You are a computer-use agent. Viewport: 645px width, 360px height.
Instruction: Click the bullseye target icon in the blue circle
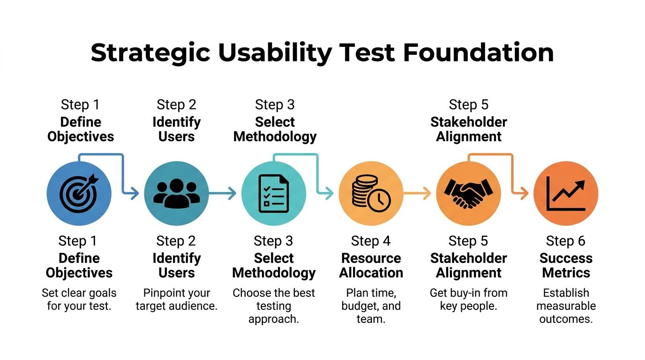tap(79, 193)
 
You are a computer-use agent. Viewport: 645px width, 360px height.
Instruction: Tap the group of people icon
tap(176, 193)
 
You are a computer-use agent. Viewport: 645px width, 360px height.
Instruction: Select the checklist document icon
tap(274, 193)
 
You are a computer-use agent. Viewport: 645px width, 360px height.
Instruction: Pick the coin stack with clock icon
tap(371, 193)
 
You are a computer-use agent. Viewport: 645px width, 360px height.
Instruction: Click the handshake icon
tap(468, 193)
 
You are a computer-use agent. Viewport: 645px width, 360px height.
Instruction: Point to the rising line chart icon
tap(566, 193)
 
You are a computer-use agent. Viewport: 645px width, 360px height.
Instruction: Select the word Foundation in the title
tap(478, 52)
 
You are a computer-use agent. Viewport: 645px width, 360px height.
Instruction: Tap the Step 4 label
tap(371, 241)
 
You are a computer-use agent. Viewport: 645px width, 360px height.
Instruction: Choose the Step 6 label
tap(566, 241)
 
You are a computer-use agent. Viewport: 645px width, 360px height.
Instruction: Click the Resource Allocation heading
tap(371, 265)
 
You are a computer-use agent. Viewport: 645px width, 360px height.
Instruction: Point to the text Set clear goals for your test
tap(79, 300)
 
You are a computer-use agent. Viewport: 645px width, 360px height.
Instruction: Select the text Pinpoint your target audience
tap(176, 300)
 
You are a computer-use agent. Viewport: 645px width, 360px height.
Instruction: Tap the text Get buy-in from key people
tap(468, 300)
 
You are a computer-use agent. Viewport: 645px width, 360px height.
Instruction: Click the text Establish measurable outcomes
tap(566, 306)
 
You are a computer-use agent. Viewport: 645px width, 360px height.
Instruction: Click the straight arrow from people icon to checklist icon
tap(222, 193)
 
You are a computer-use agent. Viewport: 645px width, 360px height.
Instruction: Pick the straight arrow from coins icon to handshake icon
tap(417, 193)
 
